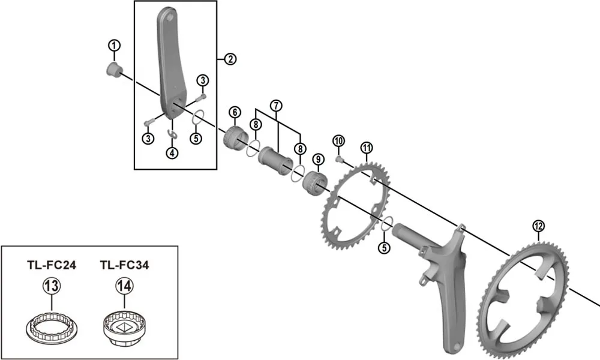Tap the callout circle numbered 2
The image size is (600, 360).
point(230,59)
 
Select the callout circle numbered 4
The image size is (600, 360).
point(173,152)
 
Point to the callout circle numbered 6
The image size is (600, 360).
point(234,112)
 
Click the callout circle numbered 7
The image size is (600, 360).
point(275,106)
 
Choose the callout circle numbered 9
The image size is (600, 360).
point(318,159)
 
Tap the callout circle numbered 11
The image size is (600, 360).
point(367,148)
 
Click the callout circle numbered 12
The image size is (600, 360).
point(538,226)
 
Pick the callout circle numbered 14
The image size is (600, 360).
point(124,287)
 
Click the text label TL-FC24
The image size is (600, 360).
point(51,265)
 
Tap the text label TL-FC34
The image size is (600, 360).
point(124,265)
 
